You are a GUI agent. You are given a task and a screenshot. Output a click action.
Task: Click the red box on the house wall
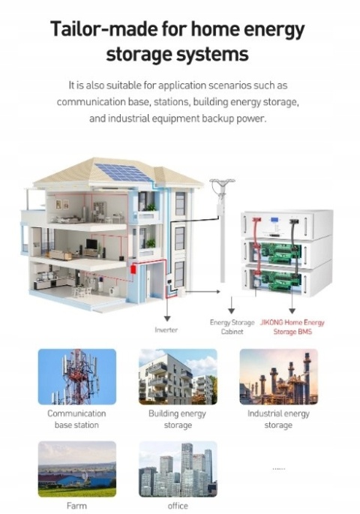click(x=133, y=269)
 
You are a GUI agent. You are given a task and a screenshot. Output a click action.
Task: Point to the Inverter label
click(x=166, y=330)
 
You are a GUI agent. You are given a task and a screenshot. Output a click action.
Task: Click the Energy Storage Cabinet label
click(x=232, y=327)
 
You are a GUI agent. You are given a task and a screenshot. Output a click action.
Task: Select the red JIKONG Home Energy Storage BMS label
click(x=292, y=327)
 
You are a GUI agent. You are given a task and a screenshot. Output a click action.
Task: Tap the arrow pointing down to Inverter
click(x=167, y=308)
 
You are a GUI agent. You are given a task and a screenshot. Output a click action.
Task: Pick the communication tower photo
click(x=77, y=377)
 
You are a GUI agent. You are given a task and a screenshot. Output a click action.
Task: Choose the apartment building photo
click(x=178, y=377)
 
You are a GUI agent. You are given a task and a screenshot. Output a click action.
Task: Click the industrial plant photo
click(x=279, y=377)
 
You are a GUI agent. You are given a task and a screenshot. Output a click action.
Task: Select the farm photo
click(x=77, y=469)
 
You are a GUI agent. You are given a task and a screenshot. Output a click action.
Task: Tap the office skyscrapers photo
click(x=178, y=469)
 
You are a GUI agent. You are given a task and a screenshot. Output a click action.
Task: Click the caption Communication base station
click(x=76, y=419)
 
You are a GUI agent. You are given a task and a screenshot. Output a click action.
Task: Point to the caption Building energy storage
click(x=178, y=419)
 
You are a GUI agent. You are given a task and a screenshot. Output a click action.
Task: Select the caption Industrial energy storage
click(x=278, y=419)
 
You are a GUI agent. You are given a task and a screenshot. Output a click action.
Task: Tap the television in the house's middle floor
click(x=91, y=244)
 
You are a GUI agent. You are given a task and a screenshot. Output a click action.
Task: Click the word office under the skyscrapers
click(x=178, y=506)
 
